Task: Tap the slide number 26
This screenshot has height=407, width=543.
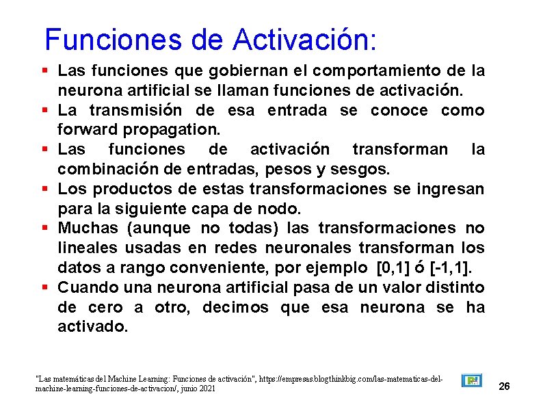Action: click(x=505, y=387)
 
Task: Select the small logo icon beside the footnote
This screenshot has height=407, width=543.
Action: click(x=471, y=380)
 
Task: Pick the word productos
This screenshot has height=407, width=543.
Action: click(x=130, y=188)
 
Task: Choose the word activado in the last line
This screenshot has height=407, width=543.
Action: click(x=92, y=326)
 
